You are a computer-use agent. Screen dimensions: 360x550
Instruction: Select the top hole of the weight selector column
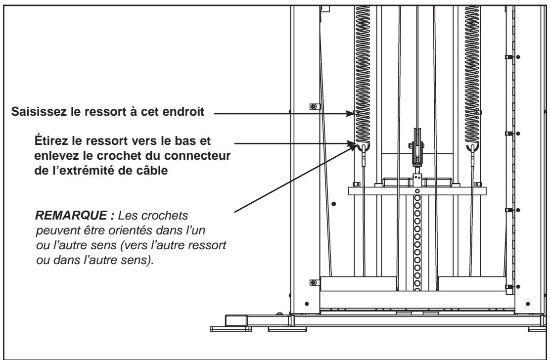tap(417, 191)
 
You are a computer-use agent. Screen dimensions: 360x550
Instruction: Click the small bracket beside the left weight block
tap(312, 282)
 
